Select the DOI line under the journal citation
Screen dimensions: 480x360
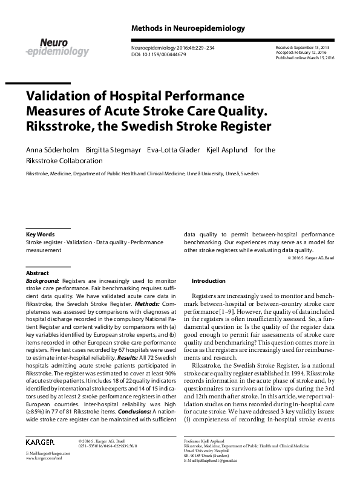click(x=159, y=54)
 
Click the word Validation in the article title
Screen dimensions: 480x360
click(x=60, y=97)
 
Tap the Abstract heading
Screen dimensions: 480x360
click(x=38, y=273)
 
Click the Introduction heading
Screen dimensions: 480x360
click(x=208, y=281)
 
